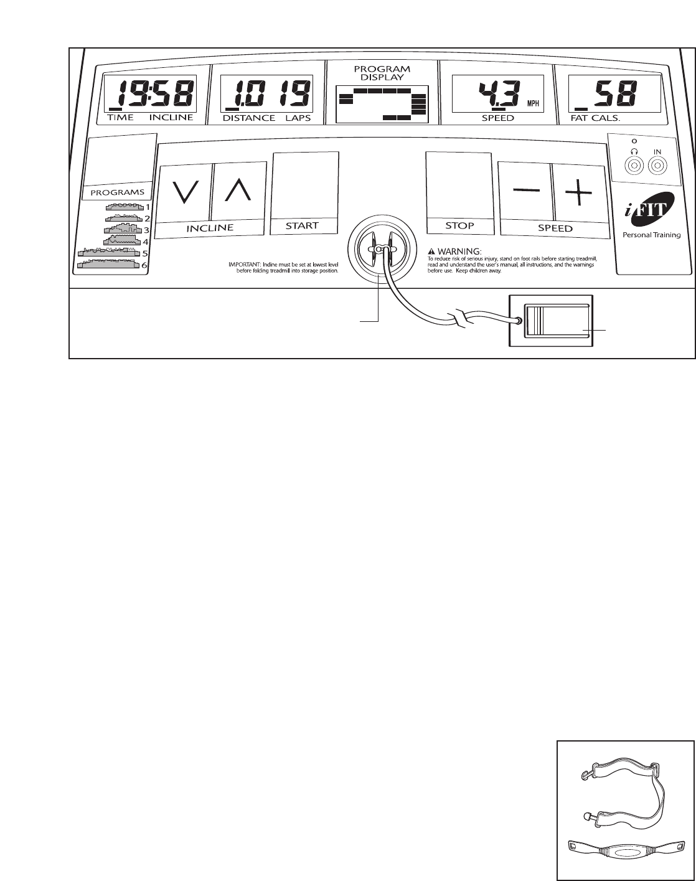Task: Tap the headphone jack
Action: pos(633,166)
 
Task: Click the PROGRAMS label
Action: pos(118,192)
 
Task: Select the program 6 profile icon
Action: pos(108,265)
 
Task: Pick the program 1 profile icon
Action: pos(124,207)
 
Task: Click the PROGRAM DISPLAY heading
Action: pos(382,73)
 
